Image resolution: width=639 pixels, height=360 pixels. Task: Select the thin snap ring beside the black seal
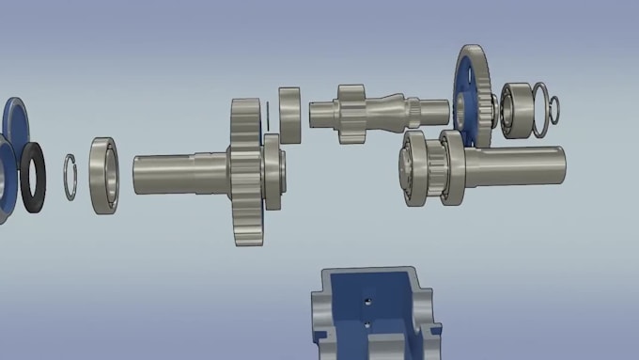tap(70, 176)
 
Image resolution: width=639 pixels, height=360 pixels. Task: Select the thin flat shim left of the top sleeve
tap(269, 115)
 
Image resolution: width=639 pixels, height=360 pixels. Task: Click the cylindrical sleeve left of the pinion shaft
tap(289, 115)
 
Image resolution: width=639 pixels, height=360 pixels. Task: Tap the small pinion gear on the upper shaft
tap(351, 114)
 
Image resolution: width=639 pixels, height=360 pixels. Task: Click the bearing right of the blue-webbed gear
tap(515, 110)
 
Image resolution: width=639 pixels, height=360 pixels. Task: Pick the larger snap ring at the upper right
tap(540, 105)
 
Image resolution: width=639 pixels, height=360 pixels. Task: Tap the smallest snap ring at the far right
tap(555, 110)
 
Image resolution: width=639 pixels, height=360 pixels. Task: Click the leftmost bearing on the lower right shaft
tap(416, 167)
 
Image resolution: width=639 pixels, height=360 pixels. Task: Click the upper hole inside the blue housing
tap(368, 302)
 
